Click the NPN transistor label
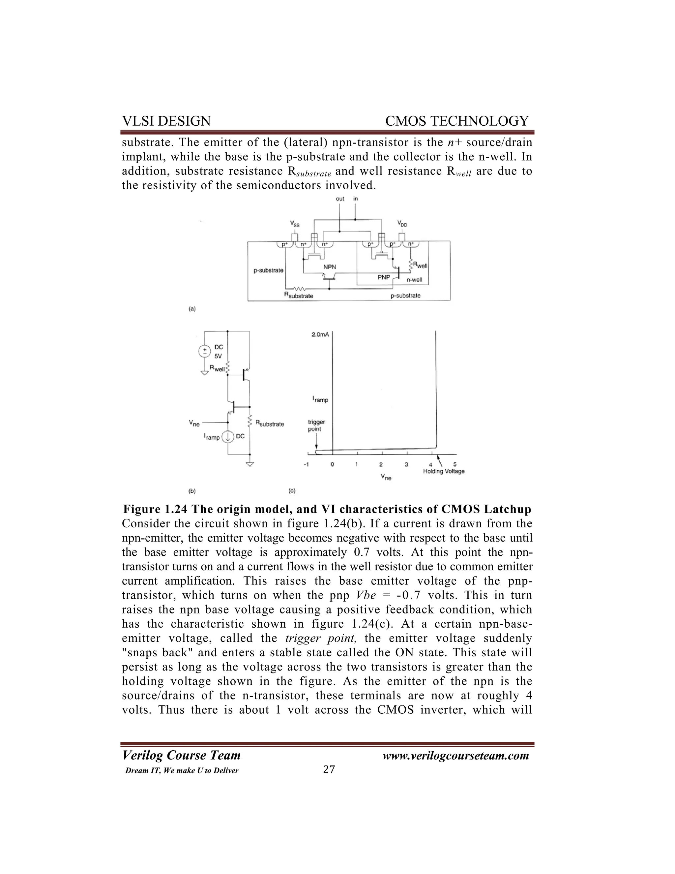(x=330, y=266)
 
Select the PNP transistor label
(x=384, y=276)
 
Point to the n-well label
(x=414, y=280)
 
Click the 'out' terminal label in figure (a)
(x=340, y=199)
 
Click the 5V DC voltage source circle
(x=205, y=351)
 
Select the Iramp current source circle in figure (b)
(x=228, y=437)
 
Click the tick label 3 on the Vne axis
(x=406, y=465)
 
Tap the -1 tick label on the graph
(x=306, y=465)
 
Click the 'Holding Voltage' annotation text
(x=444, y=471)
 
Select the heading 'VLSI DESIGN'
(x=166, y=121)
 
